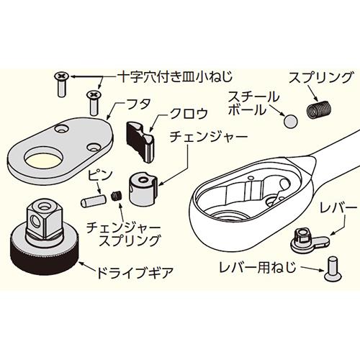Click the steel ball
pyautogui.click(x=290, y=121)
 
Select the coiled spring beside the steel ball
pyautogui.click(x=319, y=109)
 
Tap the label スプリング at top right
pyautogui.click(x=321, y=78)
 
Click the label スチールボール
pyautogui.click(x=254, y=104)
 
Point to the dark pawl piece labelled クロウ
pyautogui.click(x=140, y=142)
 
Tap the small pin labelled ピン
pyautogui.click(x=93, y=201)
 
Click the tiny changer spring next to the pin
pyautogui.click(x=117, y=197)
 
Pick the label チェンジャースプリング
pyautogui.click(x=123, y=234)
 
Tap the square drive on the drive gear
pyautogui.click(x=45, y=220)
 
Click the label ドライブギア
pyautogui.click(x=135, y=273)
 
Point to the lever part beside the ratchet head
pyautogui.click(x=310, y=240)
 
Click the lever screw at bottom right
pyautogui.click(x=333, y=269)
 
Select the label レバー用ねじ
pyautogui.click(x=258, y=267)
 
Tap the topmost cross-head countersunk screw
pyautogui.click(x=61, y=84)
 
